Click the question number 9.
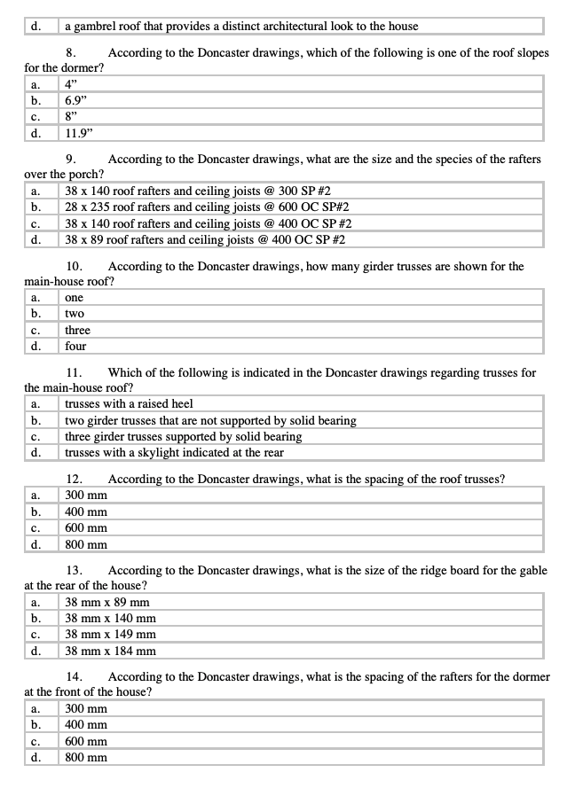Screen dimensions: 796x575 point(74,160)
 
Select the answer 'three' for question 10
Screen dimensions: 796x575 point(77,330)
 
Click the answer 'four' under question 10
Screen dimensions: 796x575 point(75,346)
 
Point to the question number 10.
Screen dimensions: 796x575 point(75,266)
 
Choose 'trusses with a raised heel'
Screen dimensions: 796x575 point(129,404)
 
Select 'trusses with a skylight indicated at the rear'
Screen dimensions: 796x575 point(174,452)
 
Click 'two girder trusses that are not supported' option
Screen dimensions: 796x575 point(210,420)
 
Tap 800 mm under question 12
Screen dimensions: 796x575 point(86,544)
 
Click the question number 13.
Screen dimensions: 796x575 point(75,570)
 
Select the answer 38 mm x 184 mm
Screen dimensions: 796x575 point(111,651)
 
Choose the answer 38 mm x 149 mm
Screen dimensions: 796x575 point(111,635)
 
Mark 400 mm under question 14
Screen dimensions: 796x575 point(86,725)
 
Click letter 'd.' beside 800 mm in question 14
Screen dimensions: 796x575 point(36,757)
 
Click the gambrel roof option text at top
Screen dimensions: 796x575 point(241,26)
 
